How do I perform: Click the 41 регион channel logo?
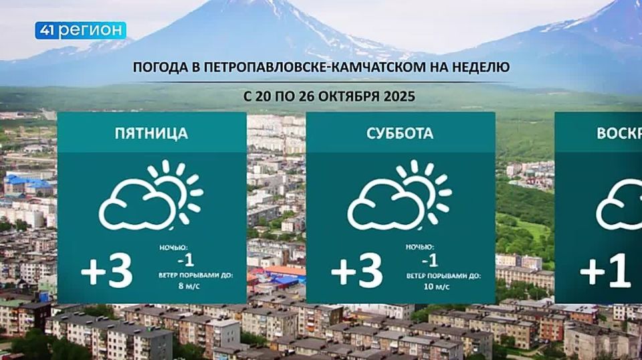(x=80, y=31)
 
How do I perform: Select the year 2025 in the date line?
(x=400, y=96)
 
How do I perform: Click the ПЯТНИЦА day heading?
(x=151, y=133)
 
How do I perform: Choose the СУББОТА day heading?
(x=400, y=133)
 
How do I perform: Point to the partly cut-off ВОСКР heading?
(x=619, y=133)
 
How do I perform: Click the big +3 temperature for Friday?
(x=107, y=272)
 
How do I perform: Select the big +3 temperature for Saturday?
(x=356, y=272)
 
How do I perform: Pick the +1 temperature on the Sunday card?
(x=605, y=272)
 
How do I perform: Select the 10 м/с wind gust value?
(x=437, y=286)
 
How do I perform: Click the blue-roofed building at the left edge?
(x=27, y=183)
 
